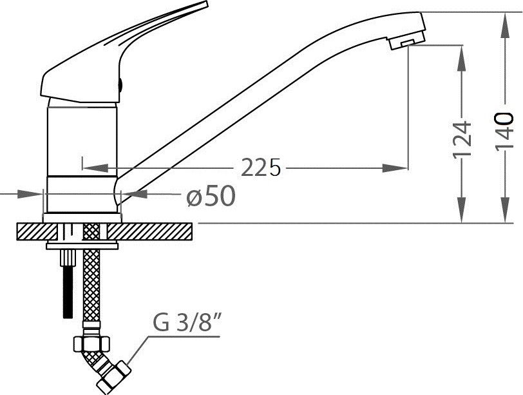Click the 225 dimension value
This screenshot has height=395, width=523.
point(261,168)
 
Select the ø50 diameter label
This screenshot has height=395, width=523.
point(211,196)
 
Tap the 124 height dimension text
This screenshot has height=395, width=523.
point(462,139)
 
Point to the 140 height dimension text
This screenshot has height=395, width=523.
point(504,131)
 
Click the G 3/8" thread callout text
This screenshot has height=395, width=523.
point(188,322)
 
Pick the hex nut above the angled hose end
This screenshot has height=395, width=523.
point(91,343)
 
